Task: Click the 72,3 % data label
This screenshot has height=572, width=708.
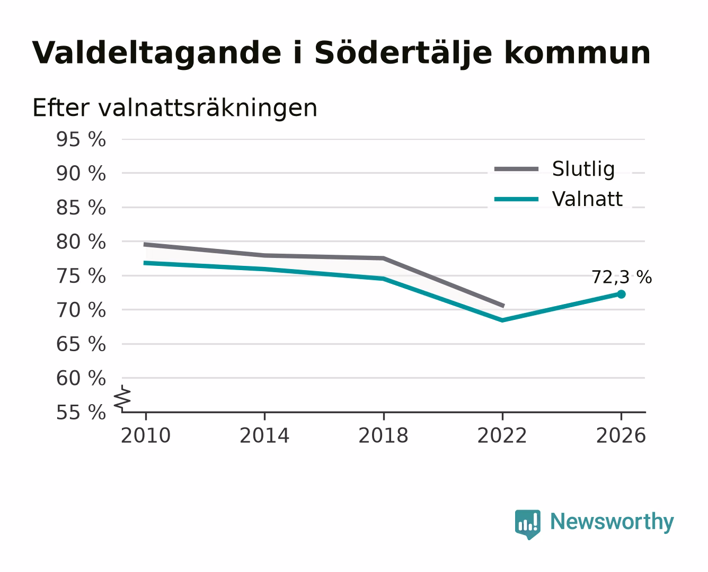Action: pos(622,277)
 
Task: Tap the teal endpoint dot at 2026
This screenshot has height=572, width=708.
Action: pos(621,294)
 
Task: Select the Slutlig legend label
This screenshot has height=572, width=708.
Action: pos(583,169)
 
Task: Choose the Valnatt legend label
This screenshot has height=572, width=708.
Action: pos(587,199)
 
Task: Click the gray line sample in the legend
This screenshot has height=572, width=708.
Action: pos(516,169)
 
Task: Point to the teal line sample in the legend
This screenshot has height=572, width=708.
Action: pos(516,199)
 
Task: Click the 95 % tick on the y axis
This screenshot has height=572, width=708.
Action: pos(81,139)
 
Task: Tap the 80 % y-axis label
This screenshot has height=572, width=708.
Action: pos(81,242)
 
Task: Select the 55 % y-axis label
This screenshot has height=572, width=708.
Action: pos(81,412)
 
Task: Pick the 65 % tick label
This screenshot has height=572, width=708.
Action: pos(81,344)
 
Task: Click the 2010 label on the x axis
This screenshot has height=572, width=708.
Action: pos(146,435)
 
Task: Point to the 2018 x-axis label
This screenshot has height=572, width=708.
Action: pos(383,435)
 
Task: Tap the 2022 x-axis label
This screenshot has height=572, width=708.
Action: pos(502,435)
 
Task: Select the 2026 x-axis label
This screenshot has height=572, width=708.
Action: pos(621,435)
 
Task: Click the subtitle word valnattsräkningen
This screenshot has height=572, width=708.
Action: pos(207,108)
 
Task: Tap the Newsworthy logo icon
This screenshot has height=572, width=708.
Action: pos(527,524)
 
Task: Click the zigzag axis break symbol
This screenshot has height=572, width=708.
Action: pos(122,399)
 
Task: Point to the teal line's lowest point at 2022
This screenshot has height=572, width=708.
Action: pos(502,320)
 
